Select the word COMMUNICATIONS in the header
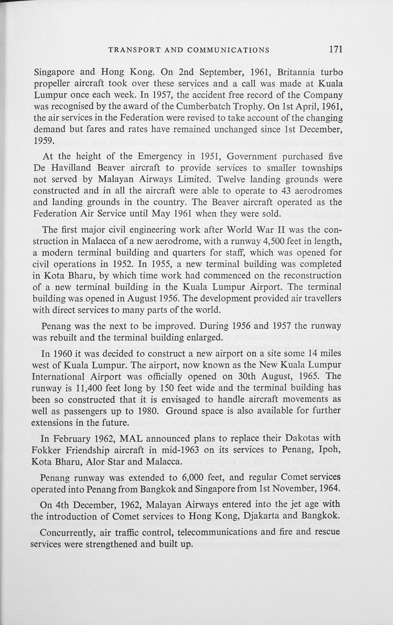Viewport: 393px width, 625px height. [x=228, y=50]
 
